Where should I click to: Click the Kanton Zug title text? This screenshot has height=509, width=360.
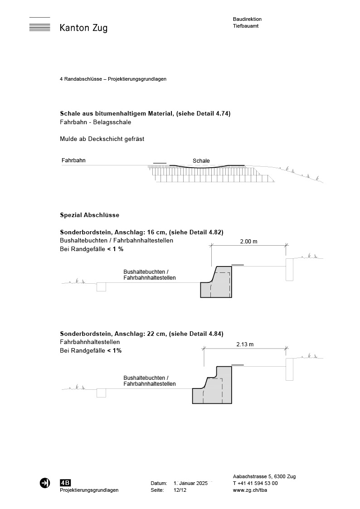[x=83, y=29]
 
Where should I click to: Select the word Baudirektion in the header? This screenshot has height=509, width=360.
[x=247, y=19]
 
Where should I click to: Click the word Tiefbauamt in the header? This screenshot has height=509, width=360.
[x=246, y=26]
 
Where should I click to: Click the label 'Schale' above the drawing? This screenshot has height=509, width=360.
[x=201, y=161]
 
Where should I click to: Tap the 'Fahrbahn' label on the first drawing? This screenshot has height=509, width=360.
[x=73, y=160]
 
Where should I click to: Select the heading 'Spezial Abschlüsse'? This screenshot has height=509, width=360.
[x=89, y=215]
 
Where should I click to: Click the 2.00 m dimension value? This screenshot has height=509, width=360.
[x=248, y=242]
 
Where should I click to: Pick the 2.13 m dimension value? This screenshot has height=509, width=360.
[x=245, y=344]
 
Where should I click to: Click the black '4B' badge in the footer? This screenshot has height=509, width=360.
[x=65, y=483]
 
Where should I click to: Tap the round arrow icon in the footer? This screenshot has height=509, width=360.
[x=44, y=483]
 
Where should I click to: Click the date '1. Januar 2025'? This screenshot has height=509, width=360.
[x=190, y=483]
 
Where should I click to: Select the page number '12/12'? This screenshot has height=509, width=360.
[x=180, y=490]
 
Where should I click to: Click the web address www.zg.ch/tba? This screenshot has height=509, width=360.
[x=249, y=490]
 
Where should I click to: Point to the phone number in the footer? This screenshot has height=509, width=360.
[x=255, y=483]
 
